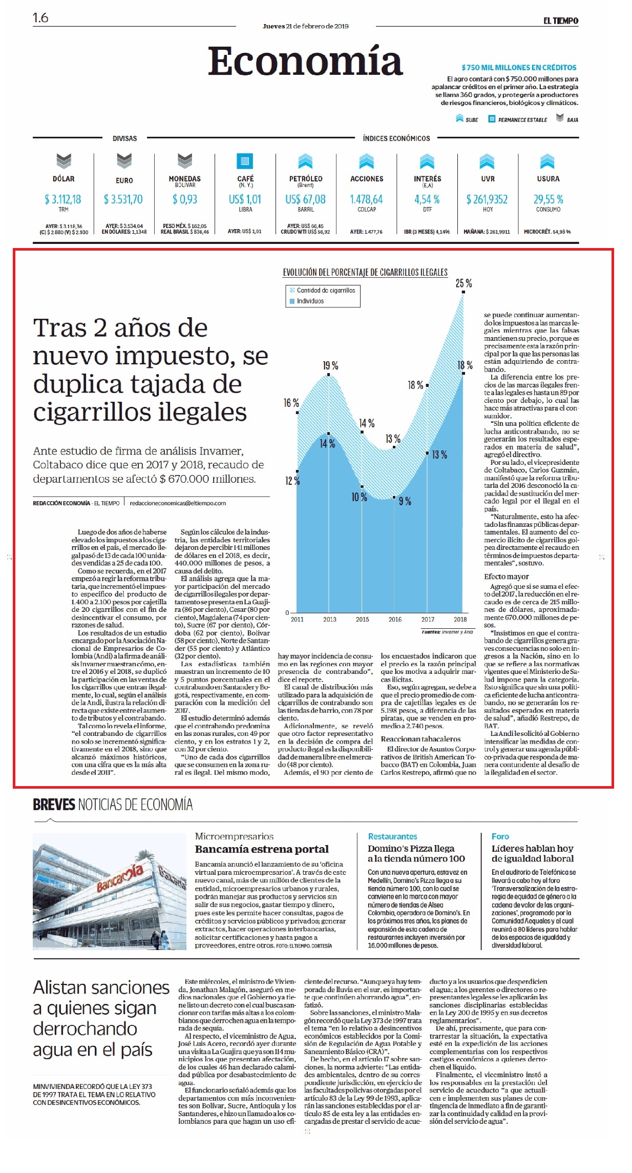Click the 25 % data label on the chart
[x=464, y=283]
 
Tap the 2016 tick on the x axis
[x=395, y=619]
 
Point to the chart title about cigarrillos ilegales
[x=365, y=272]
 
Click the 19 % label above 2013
[x=330, y=365]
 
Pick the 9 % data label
[x=405, y=501]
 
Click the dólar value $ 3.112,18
[x=63, y=199]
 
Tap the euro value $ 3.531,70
[x=123, y=199]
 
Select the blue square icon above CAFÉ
[x=245, y=161]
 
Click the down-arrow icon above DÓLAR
[x=64, y=161]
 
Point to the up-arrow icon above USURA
[x=547, y=161]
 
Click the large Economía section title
[x=305, y=61]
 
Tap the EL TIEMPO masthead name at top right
[x=561, y=20]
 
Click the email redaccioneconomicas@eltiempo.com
[x=178, y=503]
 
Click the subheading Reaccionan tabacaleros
[x=420, y=739]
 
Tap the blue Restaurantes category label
[x=392, y=836]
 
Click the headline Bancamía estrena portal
[x=262, y=849]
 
